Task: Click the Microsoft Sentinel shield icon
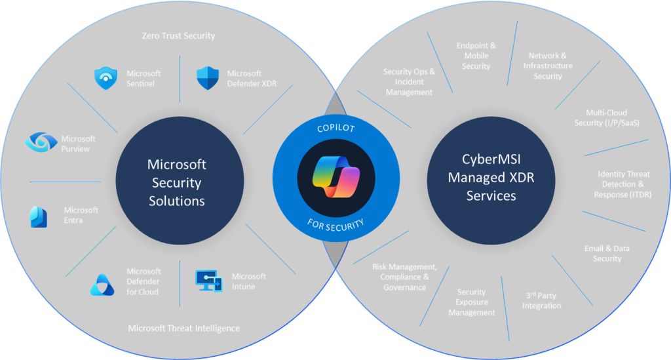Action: (104, 79)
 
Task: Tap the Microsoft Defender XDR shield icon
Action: (207, 79)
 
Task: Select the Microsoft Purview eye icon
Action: (40, 142)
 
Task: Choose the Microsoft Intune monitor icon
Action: (209, 281)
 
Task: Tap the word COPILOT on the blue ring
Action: (335, 130)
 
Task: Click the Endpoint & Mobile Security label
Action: (476, 56)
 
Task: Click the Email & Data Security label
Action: (607, 254)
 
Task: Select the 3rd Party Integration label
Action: (541, 301)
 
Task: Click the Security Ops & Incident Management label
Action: (409, 82)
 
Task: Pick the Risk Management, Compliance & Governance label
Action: (404, 277)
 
